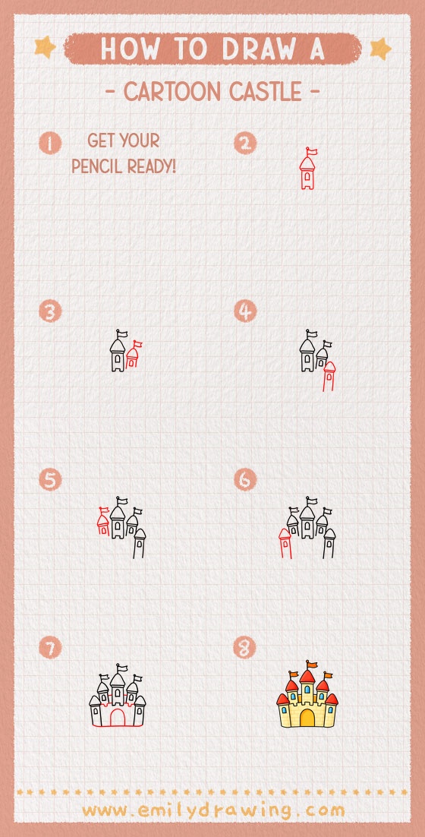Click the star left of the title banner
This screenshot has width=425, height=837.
click(x=46, y=48)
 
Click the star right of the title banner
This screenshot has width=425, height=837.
click(x=379, y=49)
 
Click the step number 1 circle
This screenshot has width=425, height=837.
click(x=50, y=143)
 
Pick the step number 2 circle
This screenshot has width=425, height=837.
click(x=245, y=143)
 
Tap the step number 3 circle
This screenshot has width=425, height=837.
click(x=50, y=311)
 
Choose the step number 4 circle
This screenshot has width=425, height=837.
click(x=245, y=311)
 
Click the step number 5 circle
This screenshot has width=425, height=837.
click(x=50, y=480)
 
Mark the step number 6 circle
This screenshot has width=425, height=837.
click(x=245, y=480)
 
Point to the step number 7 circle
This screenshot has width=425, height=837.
click(x=50, y=648)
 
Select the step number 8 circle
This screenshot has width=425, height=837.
click(x=245, y=648)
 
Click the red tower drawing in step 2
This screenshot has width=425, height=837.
click(x=307, y=170)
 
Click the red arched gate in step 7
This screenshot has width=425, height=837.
click(x=118, y=718)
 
